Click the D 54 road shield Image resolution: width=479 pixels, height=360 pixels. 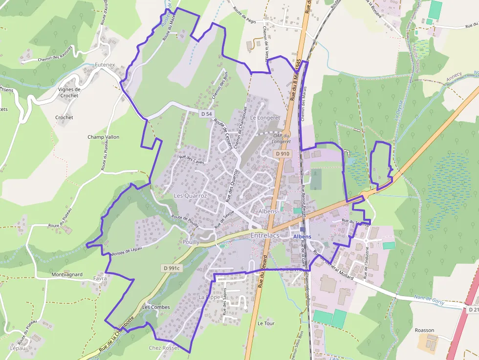(206, 114)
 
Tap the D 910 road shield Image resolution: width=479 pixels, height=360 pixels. (283, 153)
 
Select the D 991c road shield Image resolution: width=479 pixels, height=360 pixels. (172, 268)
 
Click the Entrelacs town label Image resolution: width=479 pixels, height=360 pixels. (264, 235)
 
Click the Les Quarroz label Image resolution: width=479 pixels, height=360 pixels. (191, 195)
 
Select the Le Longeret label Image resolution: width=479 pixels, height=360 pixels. (265, 118)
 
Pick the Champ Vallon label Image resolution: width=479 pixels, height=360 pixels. (103, 137)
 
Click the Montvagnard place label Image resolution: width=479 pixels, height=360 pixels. (67, 275)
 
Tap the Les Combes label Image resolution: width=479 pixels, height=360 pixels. (156, 307)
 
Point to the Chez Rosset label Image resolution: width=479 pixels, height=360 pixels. (164, 348)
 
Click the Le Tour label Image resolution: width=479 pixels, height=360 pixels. (266, 323)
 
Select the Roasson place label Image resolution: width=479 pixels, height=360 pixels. (424, 330)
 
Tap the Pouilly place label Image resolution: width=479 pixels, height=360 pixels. (191, 242)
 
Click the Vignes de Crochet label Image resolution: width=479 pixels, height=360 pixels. (69, 92)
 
